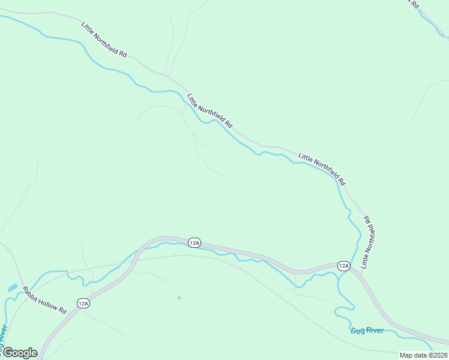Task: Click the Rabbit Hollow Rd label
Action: coord(44,300)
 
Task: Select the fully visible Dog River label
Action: coord(367,331)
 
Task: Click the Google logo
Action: coord(19,353)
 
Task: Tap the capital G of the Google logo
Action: coord(8,353)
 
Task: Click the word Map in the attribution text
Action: coord(406,355)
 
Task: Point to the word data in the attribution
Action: coord(420,355)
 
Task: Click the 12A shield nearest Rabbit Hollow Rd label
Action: coord(83,304)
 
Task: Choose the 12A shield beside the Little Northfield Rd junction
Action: coord(343,265)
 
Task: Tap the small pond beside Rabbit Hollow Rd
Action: coord(12,288)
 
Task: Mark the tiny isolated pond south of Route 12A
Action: coord(179,297)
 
